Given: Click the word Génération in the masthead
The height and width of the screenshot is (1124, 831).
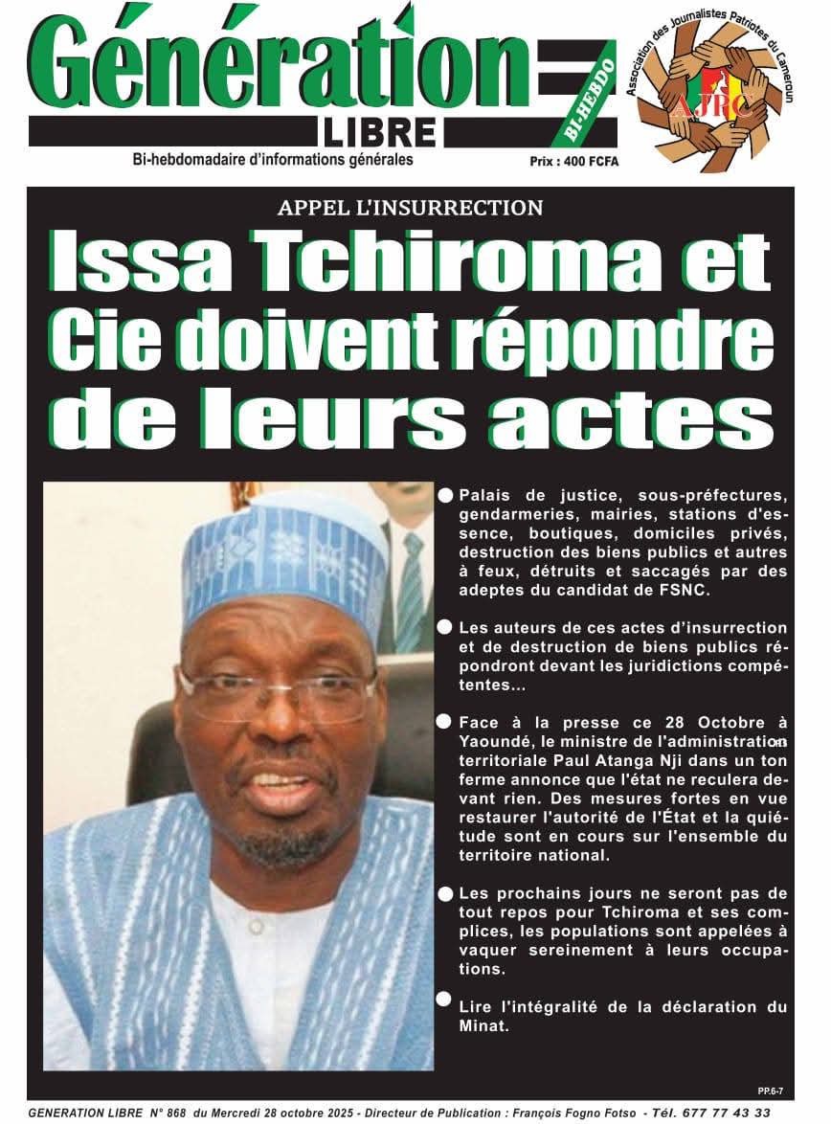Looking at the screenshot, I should [278, 62].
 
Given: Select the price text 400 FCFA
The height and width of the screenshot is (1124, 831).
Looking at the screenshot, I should [586, 162].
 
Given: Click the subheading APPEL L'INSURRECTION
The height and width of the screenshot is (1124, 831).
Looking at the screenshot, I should [410, 208].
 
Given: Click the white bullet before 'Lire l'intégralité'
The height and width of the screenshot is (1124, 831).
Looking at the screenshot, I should [444, 999].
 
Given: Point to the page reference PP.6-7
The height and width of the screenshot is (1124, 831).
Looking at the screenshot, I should [769, 1090].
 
